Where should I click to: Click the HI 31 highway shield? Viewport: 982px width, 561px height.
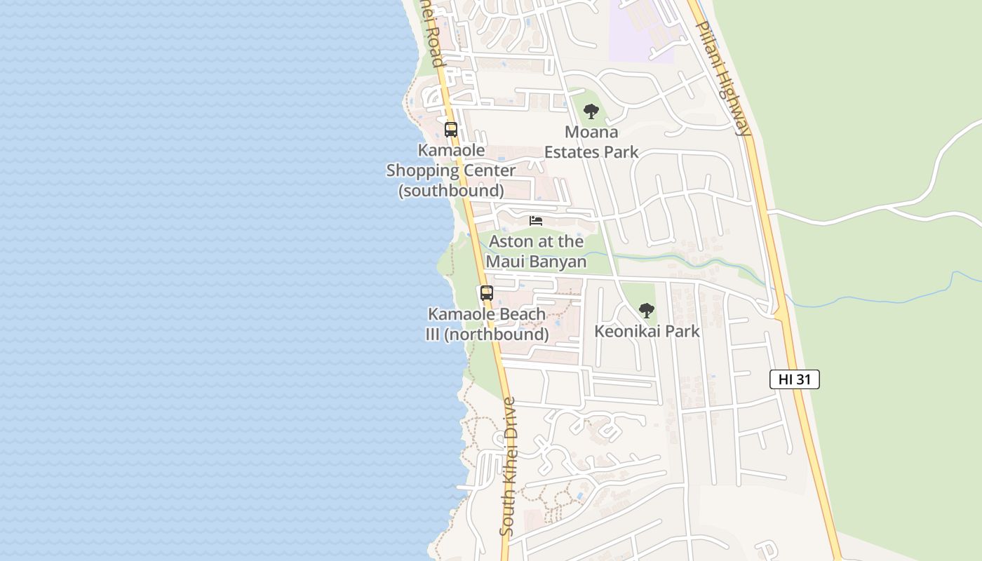(x=794, y=379)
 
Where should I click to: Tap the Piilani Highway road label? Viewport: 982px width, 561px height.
(x=724, y=77)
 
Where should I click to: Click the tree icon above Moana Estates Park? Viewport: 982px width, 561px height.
(x=591, y=111)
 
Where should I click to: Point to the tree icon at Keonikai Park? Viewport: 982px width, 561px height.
(x=646, y=310)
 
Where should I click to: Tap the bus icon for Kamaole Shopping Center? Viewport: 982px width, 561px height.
(x=450, y=129)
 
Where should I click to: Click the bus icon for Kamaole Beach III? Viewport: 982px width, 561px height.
(x=486, y=293)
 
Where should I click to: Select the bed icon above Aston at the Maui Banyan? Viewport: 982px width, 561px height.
(x=536, y=221)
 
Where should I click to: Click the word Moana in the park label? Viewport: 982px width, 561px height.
(x=591, y=132)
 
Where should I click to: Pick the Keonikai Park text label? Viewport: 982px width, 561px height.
(x=647, y=331)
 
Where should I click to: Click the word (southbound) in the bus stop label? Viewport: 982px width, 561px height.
(x=451, y=190)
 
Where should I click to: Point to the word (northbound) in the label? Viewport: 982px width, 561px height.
(x=497, y=334)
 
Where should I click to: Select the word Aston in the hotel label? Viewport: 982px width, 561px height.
(x=511, y=242)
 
